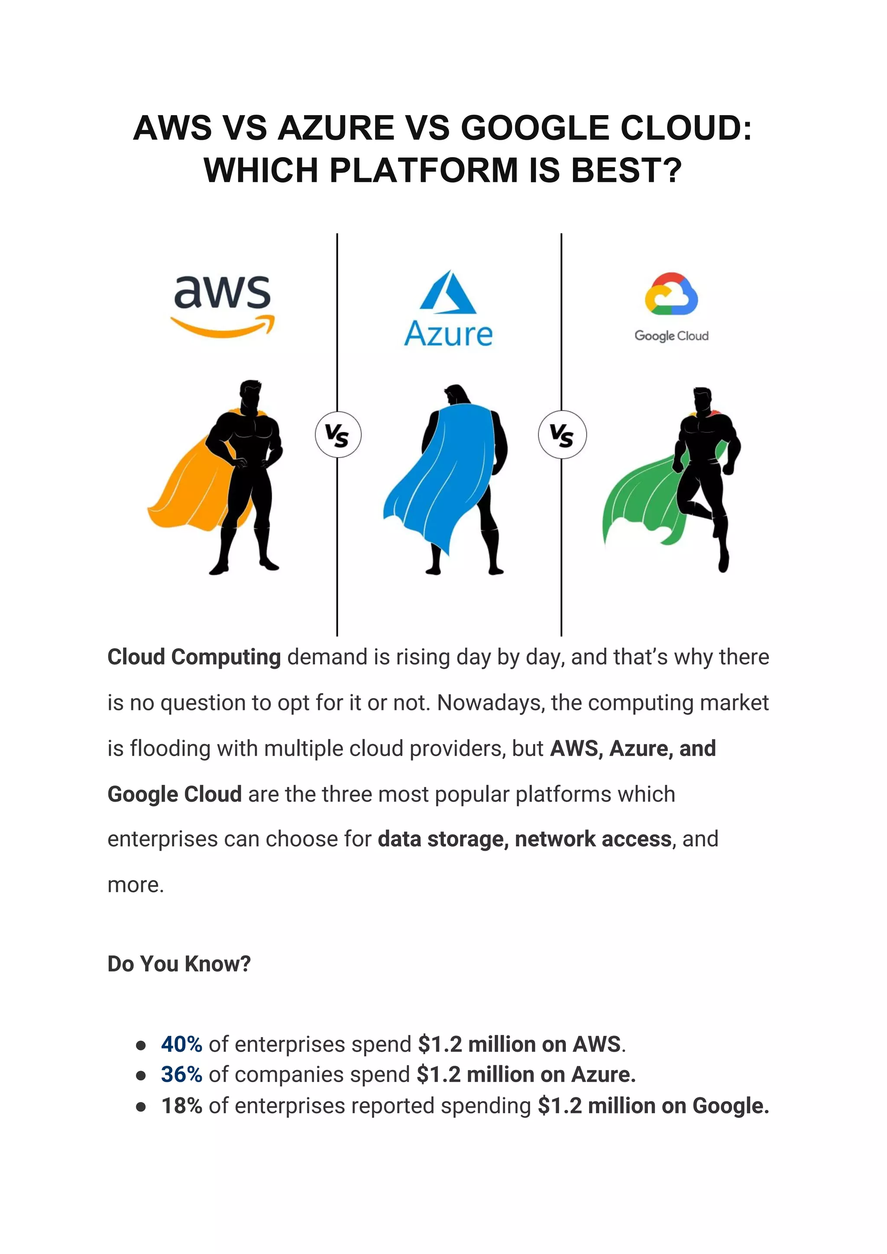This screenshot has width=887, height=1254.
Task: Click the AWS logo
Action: coord(223,305)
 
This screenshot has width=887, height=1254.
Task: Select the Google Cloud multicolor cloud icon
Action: coord(671,294)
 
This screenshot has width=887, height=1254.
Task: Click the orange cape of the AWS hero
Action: coord(191,486)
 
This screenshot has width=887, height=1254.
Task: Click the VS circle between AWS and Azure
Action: coord(338,435)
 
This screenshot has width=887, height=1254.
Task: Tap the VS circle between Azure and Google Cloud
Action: coord(562,434)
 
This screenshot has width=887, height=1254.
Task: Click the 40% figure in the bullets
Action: coord(181,1044)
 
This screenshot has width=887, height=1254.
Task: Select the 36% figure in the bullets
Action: coord(181,1074)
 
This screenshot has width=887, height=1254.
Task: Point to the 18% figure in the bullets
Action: coord(181,1106)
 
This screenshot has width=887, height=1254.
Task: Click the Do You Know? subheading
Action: coord(179,964)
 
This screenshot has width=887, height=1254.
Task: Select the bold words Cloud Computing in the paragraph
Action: coord(194,657)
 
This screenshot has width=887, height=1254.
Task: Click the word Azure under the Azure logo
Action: coord(448,334)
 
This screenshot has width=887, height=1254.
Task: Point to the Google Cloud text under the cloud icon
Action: coord(671,335)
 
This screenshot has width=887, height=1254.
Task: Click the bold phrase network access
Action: coord(592,839)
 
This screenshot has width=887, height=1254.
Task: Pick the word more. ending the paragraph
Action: coord(136,885)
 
